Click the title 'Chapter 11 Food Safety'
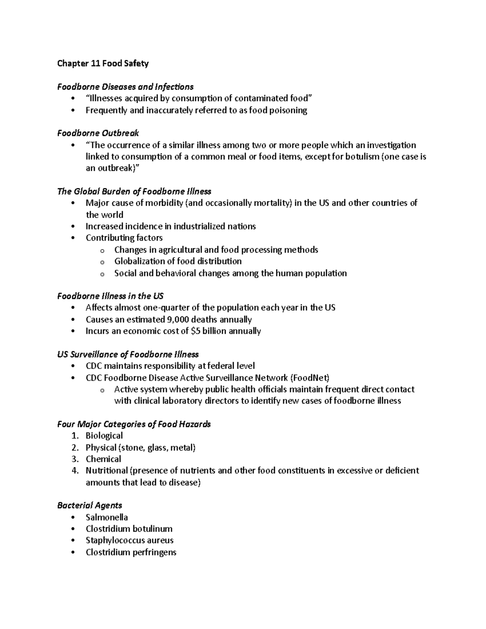(x=103, y=63)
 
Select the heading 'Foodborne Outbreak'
(x=98, y=133)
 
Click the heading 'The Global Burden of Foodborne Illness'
(x=134, y=191)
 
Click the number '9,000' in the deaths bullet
(x=179, y=320)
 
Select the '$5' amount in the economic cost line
(x=195, y=331)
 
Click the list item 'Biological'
(x=104, y=436)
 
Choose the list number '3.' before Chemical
(x=75, y=459)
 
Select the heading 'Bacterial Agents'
(x=90, y=505)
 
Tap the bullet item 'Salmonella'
(x=107, y=517)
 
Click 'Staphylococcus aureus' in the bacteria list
(x=129, y=540)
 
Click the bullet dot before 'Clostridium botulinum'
(x=73, y=529)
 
